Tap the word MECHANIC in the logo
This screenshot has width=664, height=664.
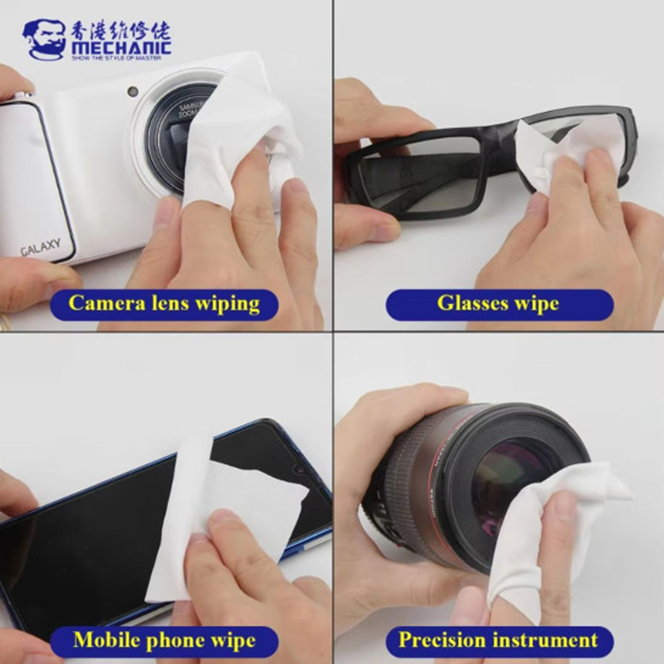click(x=121, y=47)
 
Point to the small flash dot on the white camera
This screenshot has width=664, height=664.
click(x=133, y=92)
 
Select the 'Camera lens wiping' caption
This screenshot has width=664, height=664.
click(x=164, y=304)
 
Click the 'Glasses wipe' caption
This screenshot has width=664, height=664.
click(x=499, y=304)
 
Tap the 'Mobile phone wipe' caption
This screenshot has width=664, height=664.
click(x=164, y=641)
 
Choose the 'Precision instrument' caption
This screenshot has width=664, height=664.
click(x=499, y=641)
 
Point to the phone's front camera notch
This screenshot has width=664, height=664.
click(x=299, y=468)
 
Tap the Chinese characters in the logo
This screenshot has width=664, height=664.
click(x=121, y=30)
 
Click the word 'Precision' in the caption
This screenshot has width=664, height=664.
click(x=443, y=641)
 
